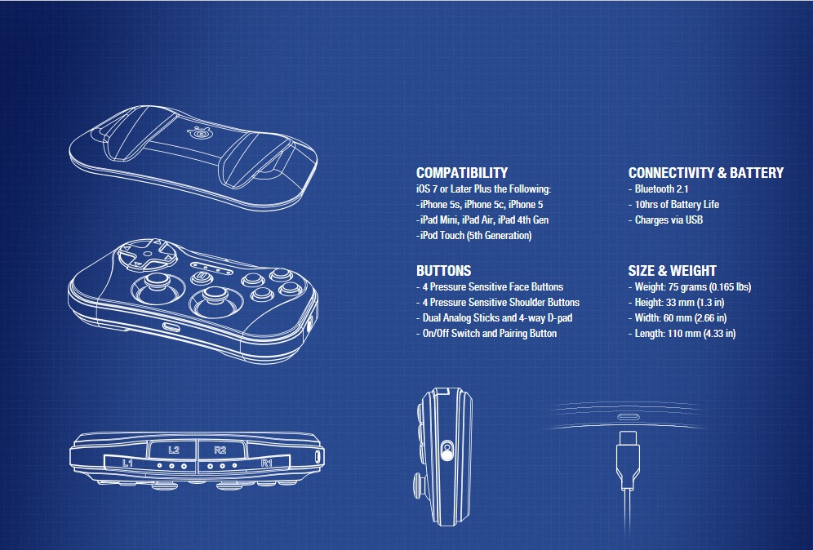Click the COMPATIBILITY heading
tap(462, 173)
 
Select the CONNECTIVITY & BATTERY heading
tap(706, 173)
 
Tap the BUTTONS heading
tap(444, 271)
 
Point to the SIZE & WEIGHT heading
tap(672, 271)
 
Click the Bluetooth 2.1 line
tap(659, 189)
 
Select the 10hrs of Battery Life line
tap(673, 204)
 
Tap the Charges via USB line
tap(666, 220)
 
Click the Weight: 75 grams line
tap(690, 286)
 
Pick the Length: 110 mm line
tap(682, 333)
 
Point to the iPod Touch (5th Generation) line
tap(474, 235)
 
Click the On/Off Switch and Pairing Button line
tap(486, 333)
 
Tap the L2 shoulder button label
tap(174, 450)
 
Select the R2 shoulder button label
tap(220, 450)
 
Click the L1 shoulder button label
tap(127, 463)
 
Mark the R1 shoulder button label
tap(266, 463)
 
